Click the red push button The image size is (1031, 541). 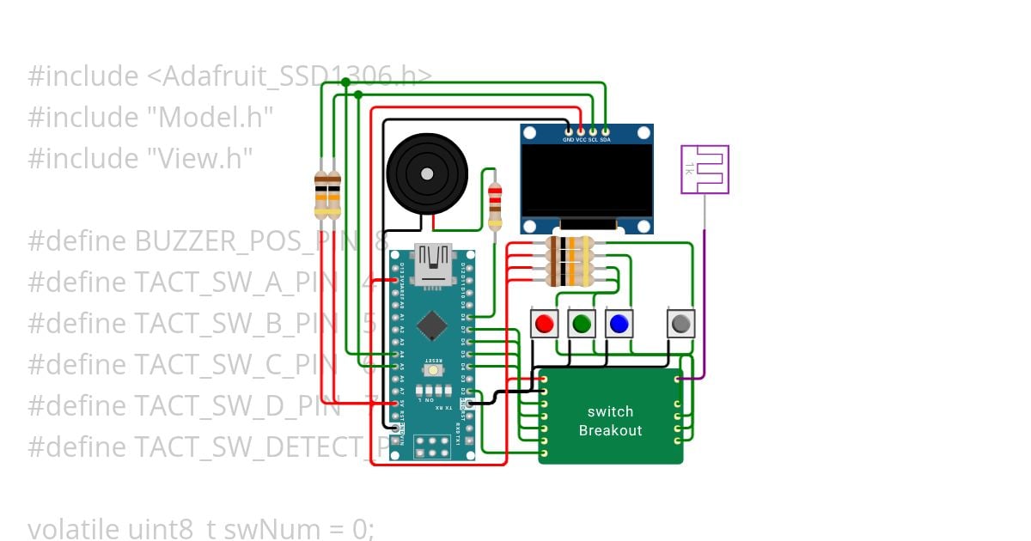pyautogui.click(x=544, y=324)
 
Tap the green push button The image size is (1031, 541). pyautogui.click(x=582, y=324)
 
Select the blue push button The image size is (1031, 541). pyautogui.click(x=619, y=324)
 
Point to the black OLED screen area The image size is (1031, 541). pyautogui.click(x=587, y=181)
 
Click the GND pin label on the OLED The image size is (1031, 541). pyautogui.click(x=568, y=139)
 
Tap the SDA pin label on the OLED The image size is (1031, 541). pyautogui.click(x=606, y=139)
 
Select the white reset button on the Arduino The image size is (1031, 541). pyautogui.click(x=433, y=370)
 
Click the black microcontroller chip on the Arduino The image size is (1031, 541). pyautogui.click(x=432, y=325)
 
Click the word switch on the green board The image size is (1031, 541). pyautogui.click(x=610, y=411)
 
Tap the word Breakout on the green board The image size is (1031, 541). pyautogui.click(x=610, y=430)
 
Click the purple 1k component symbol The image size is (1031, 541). pyautogui.click(x=705, y=169)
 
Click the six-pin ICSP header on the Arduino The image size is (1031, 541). pyautogui.click(x=432, y=446)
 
